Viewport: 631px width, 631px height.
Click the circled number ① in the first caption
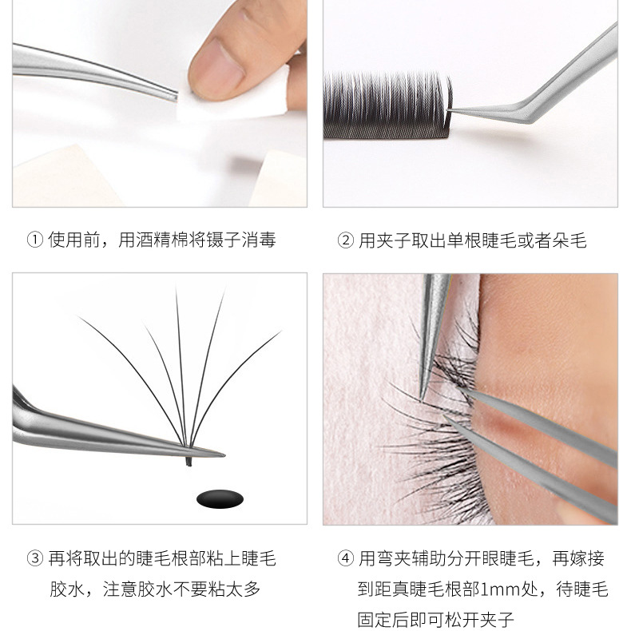(34, 240)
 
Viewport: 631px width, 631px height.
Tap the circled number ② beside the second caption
(345, 240)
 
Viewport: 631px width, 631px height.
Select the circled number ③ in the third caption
(34, 558)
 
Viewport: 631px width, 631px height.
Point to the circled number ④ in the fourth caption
(345, 558)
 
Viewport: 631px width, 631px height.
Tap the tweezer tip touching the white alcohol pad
(177, 96)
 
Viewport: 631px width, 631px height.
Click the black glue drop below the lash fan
(220, 499)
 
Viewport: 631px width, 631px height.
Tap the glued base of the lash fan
(189, 455)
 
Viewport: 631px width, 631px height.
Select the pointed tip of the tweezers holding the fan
(224, 455)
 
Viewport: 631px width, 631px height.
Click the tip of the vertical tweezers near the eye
(422, 398)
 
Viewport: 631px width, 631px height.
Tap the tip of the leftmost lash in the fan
(79, 318)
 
